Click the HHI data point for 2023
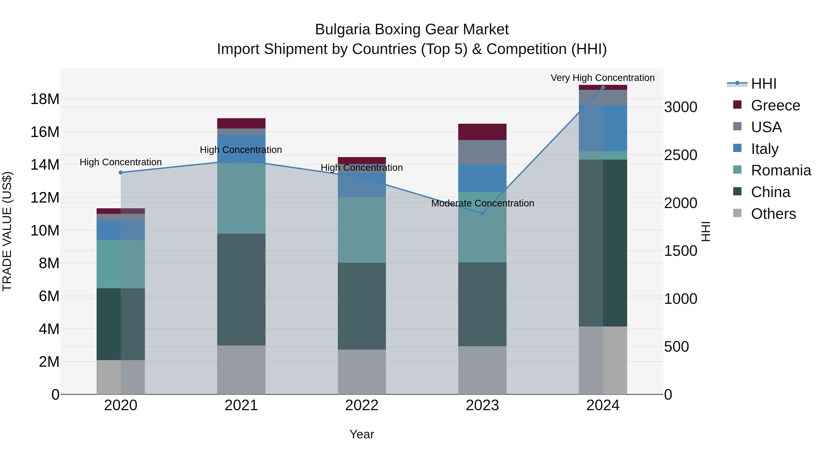[x=482, y=213]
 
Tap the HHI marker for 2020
[x=121, y=173]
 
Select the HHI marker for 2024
[x=603, y=88]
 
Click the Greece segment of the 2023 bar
[x=482, y=132]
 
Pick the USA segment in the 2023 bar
[x=482, y=152]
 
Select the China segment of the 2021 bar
[x=241, y=289]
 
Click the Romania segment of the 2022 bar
[x=362, y=230]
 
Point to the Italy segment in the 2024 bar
[x=603, y=128]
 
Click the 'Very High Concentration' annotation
[x=603, y=78]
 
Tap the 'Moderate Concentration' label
[x=482, y=203]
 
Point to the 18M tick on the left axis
[x=45, y=99]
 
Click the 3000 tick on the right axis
[x=681, y=107]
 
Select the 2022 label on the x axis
[x=362, y=405]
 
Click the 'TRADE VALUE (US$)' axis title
[x=7, y=231]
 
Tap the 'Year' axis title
[x=362, y=434]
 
